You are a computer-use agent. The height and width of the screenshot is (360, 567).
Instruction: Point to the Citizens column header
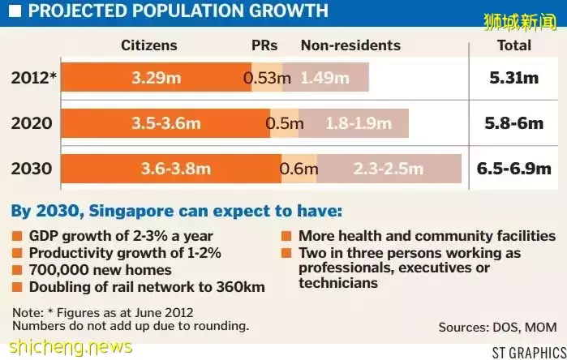[149, 45]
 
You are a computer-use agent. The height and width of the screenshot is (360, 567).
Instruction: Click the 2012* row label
[33, 78]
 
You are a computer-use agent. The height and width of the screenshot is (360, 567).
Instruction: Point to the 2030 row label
[32, 169]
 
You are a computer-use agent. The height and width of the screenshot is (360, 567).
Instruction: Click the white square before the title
[15, 11]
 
